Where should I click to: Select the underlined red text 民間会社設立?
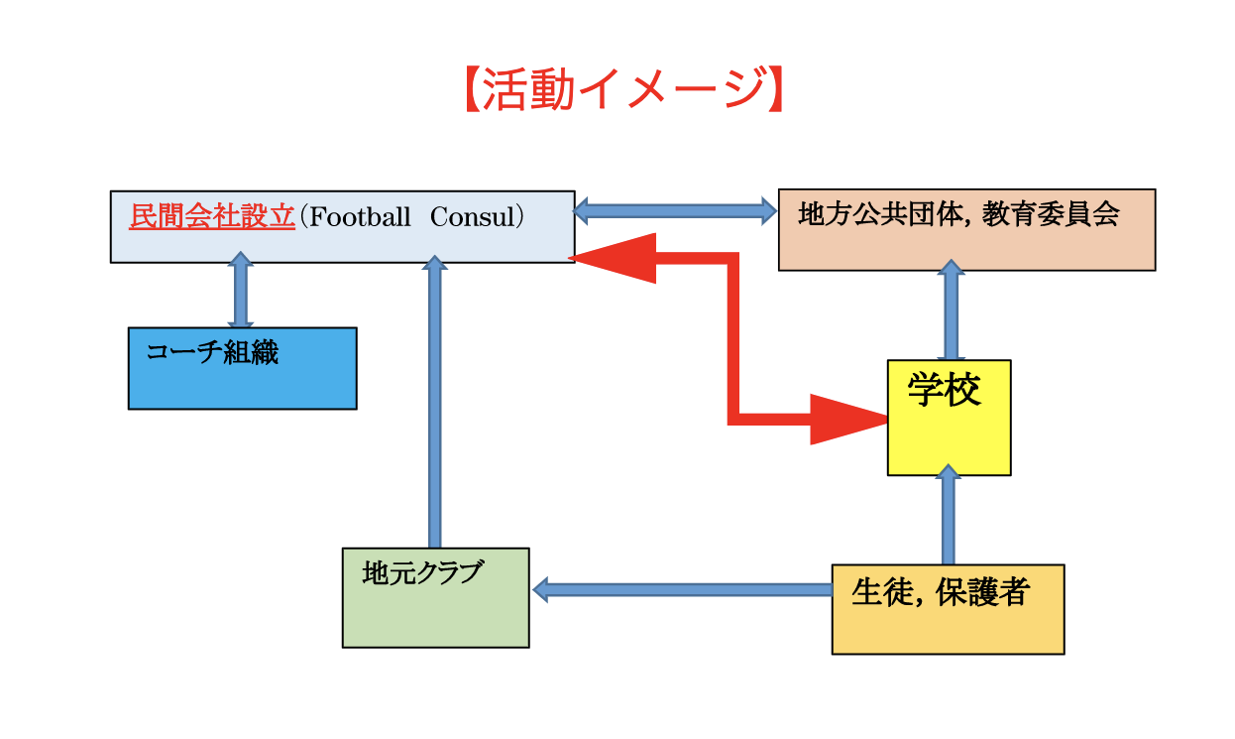click(212, 217)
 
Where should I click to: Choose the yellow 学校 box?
click(949, 418)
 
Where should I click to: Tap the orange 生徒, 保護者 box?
click(948, 609)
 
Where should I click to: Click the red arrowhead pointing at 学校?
click(847, 420)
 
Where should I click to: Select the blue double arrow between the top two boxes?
click(675, 210)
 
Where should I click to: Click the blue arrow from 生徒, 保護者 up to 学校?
click(949, 516)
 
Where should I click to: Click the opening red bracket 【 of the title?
click(472, 90)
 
